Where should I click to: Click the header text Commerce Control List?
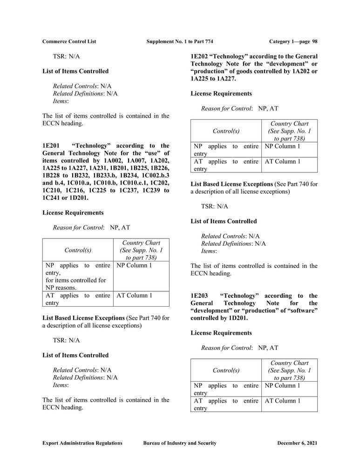pos(69,41)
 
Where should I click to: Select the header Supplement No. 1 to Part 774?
pos(179,41)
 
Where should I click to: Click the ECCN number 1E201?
pos(52,146)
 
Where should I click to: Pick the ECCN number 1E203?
pos(200,296)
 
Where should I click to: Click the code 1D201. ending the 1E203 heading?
pos(237,318)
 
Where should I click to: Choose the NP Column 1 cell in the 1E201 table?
pos(134,266)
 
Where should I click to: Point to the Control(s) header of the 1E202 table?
pos(226,131)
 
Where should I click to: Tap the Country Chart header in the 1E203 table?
pos(289,363)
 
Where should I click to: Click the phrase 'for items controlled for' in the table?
pos(76,281)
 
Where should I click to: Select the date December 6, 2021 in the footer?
pos(297,443)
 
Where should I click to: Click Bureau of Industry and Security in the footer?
pos(179,443)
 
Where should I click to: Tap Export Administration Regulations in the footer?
pos(82,443)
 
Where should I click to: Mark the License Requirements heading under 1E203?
pos(221,333)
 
